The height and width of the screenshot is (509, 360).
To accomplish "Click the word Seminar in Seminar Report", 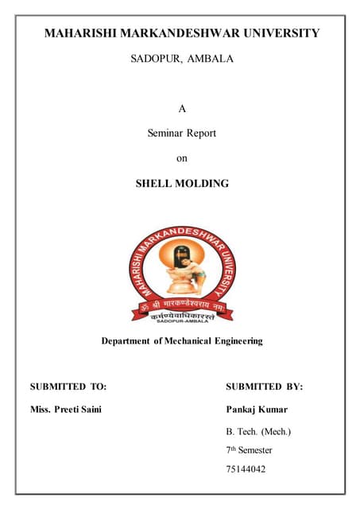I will pos(165,134).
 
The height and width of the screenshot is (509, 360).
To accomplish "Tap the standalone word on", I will pos(181,158).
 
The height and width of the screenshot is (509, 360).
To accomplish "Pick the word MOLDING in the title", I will pos(201,184).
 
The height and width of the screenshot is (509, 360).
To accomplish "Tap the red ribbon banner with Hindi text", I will pos(181,306).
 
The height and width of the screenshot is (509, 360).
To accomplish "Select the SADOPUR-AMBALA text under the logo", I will pos(181,321).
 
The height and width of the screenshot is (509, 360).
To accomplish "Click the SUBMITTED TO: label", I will pos(68,387).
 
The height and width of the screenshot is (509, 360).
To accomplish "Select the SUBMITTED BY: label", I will pos(264,387).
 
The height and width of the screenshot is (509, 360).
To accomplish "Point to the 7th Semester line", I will pos(249,450).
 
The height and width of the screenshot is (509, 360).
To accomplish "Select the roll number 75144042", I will pos(246,469).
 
